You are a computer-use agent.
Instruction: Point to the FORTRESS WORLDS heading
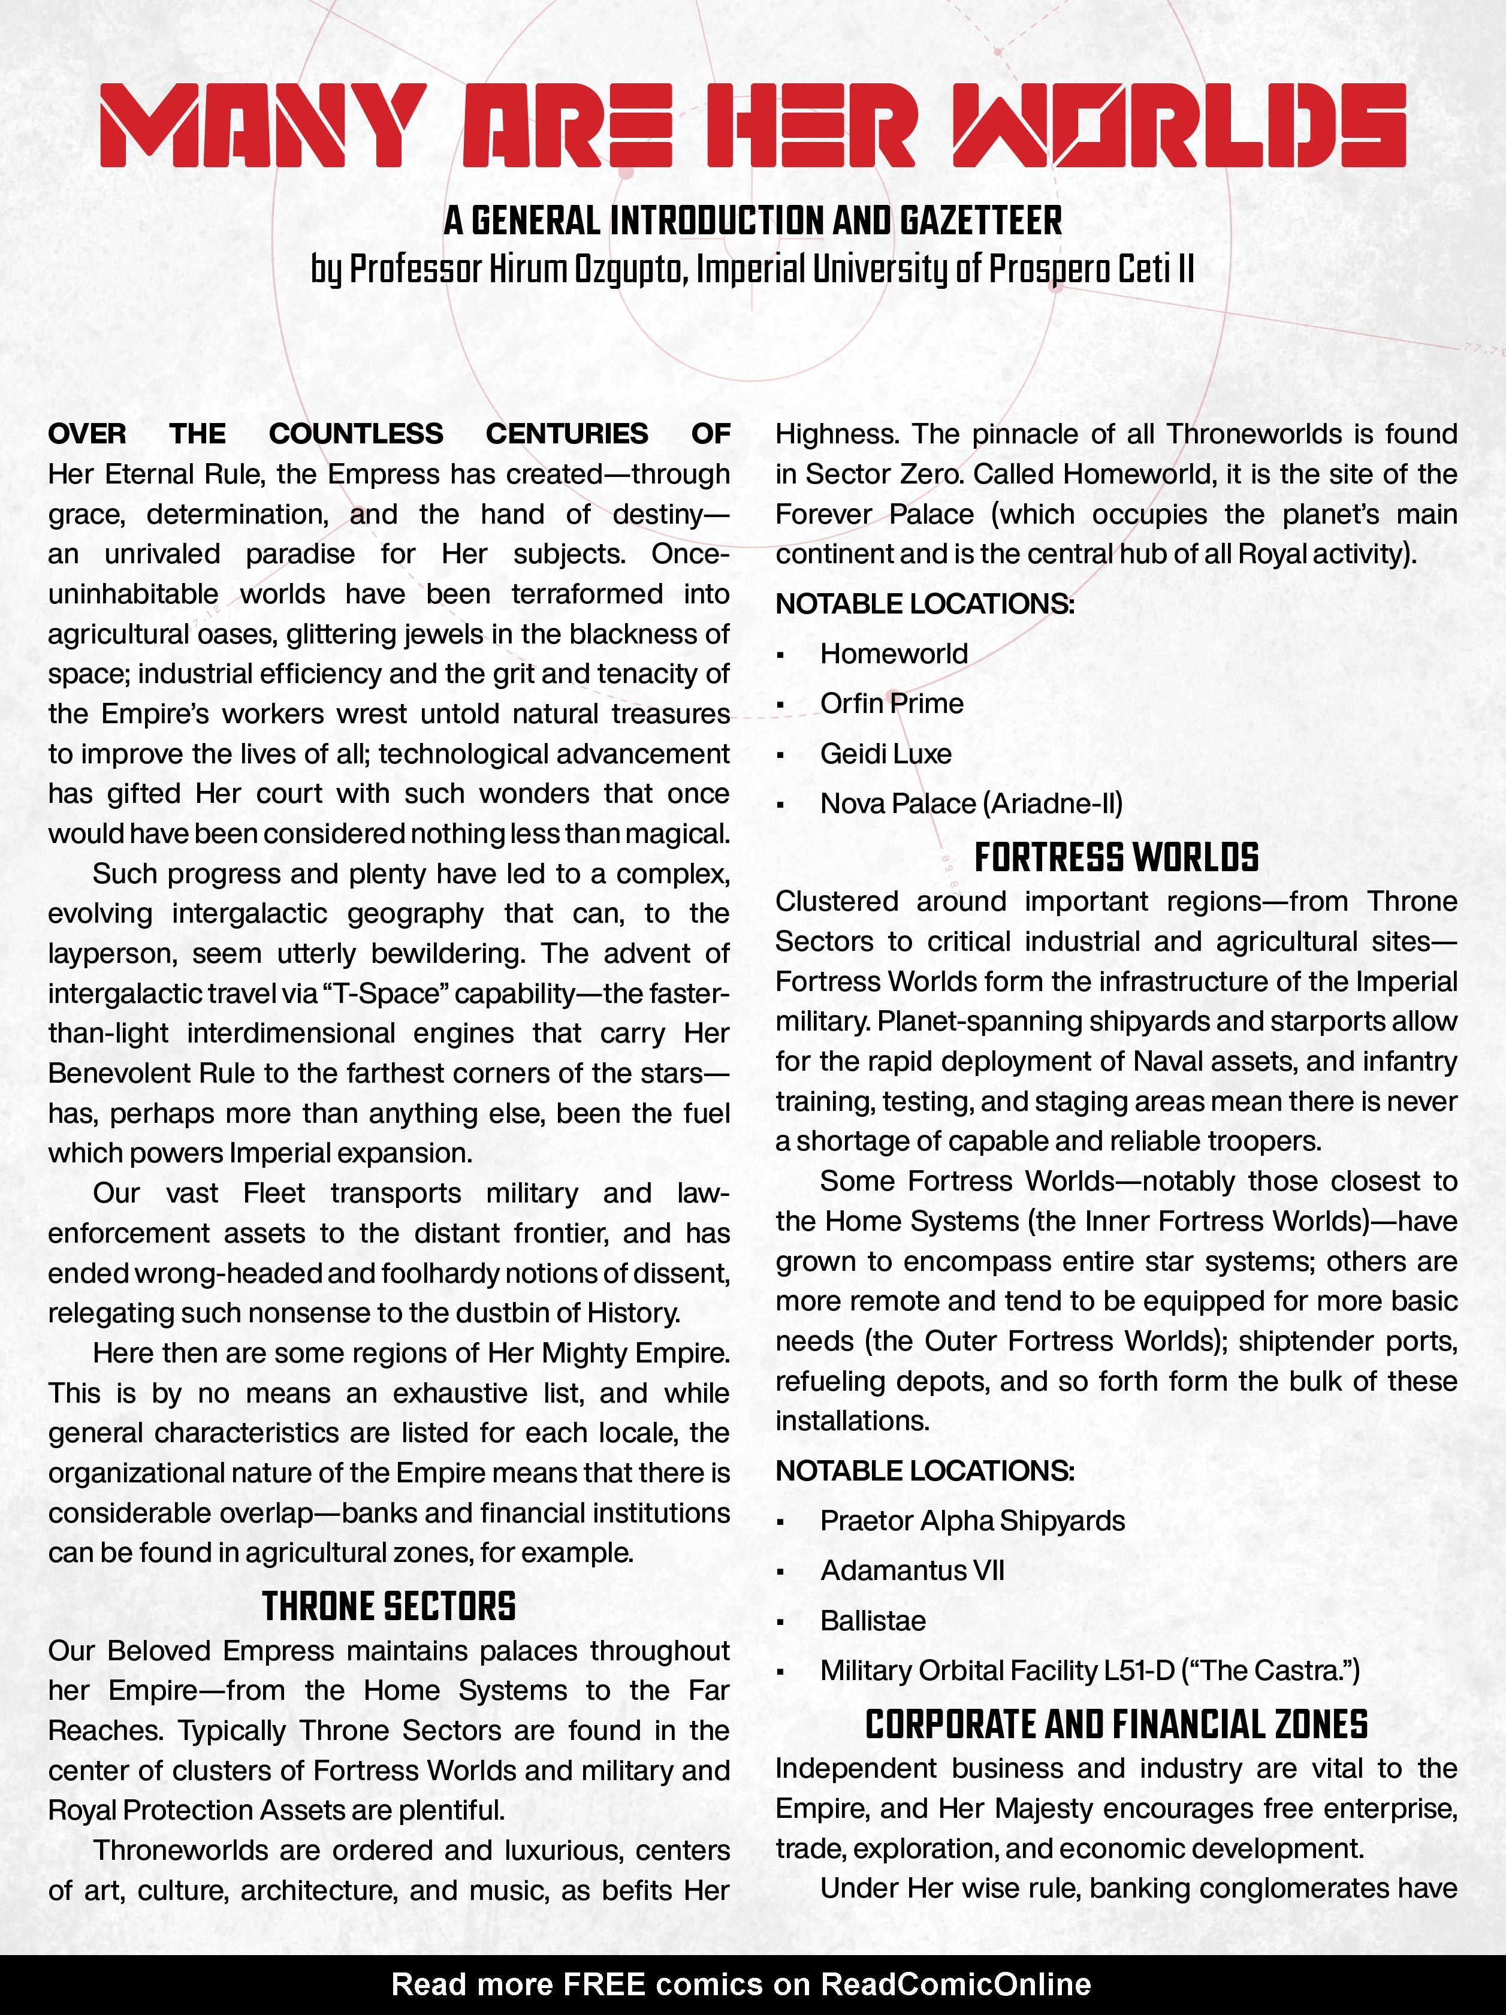[1116, 857]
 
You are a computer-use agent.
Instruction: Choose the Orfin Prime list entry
[891, 703]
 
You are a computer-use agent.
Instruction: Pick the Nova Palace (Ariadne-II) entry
[971, 803]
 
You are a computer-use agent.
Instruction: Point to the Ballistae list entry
[873, 1621]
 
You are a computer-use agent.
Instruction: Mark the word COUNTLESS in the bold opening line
[356, 434]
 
